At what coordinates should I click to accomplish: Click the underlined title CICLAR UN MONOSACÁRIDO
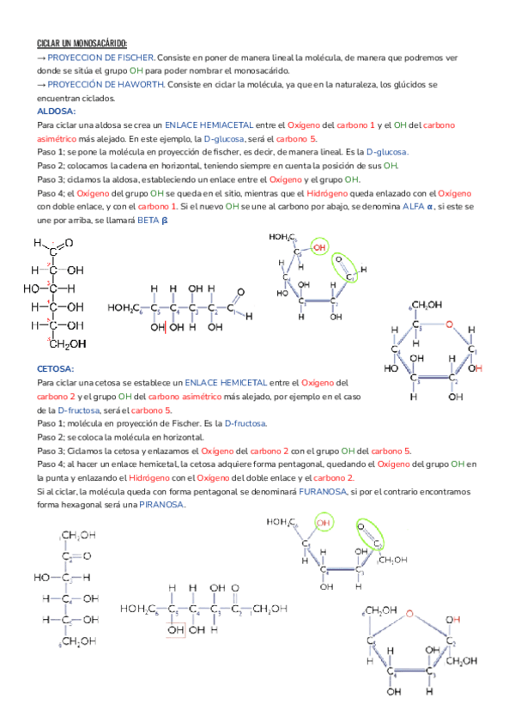click(x=82, y=43)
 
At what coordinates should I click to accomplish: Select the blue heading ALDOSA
click(x=57, y=112)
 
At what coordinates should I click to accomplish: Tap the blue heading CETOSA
click(x=57, y=367)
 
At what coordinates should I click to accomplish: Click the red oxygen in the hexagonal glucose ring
click(x=446, y=324)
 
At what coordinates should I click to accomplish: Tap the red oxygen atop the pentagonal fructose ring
click(x=410, y=613)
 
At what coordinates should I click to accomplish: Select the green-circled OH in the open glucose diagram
click(x=319, y=247)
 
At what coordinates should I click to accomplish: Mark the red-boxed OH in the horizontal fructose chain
click(x=176, y=630)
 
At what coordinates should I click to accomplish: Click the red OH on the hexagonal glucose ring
click(x=475, y=368)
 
